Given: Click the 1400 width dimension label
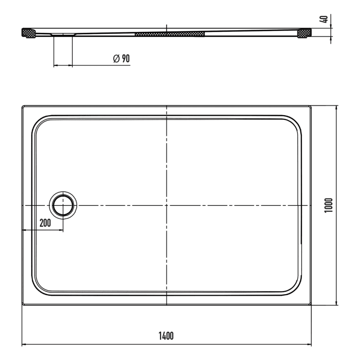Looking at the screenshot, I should [166, 336].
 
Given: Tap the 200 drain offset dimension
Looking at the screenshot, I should [44, 223].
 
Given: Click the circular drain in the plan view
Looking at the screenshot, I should [63, 205].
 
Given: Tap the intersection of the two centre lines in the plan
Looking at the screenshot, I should [167, 205].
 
